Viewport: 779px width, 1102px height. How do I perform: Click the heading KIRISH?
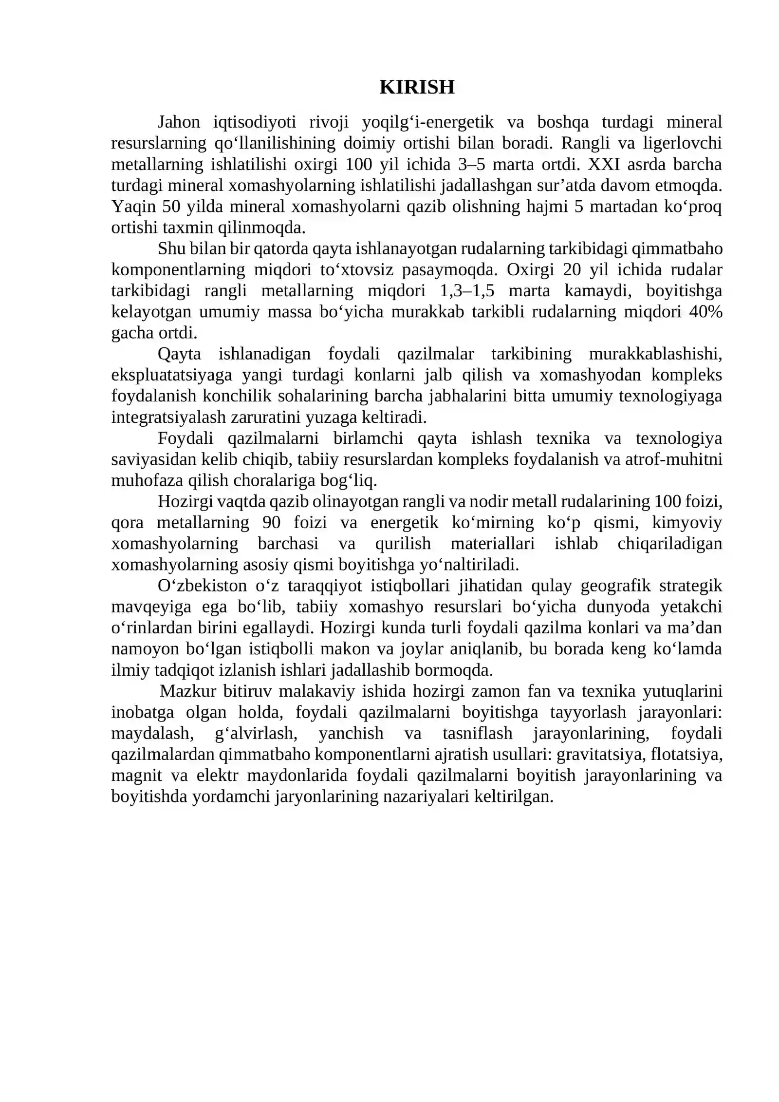tap(416, 87)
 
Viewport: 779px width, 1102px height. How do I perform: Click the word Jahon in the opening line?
tap(179, 122)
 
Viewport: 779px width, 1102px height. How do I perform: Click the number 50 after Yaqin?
tap(171, 207)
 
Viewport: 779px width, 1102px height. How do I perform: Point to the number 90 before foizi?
tap(272, 523)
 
